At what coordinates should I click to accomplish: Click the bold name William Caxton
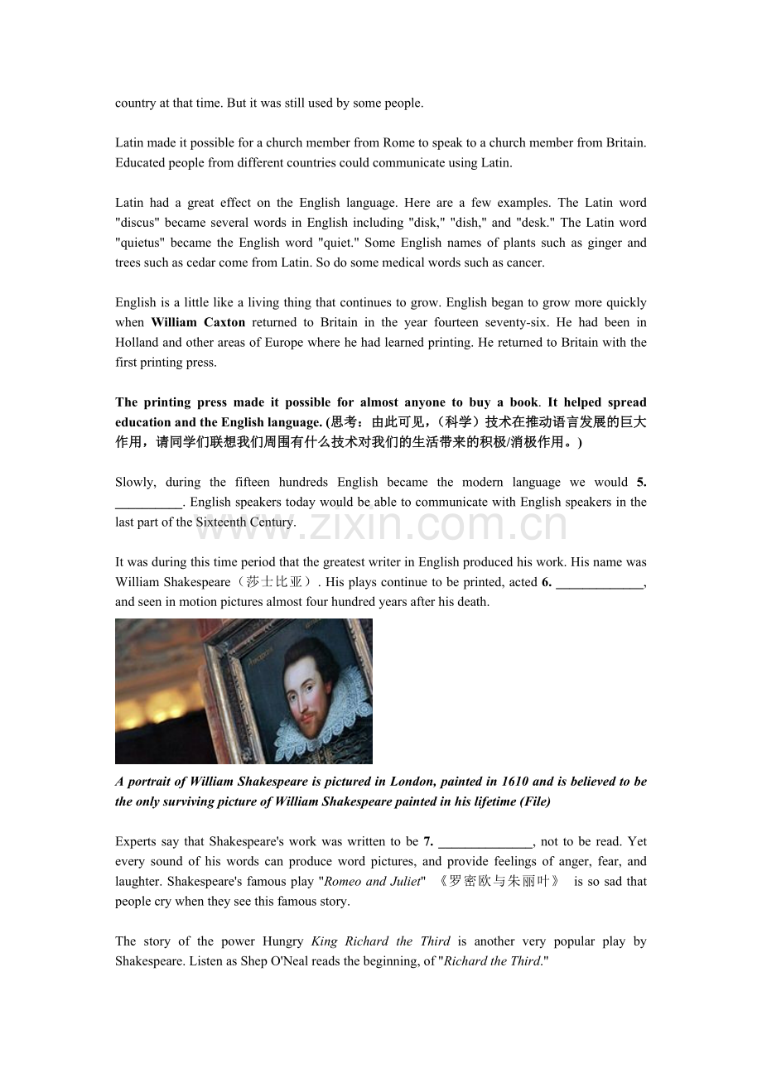[x=198, y=322]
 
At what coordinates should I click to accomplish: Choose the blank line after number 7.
[x=485, y=842]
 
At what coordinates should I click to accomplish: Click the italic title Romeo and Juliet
[x=373, y=882]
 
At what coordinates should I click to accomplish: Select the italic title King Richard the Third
[x=380, y=941]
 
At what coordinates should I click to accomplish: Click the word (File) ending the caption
[x=535, y=801]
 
